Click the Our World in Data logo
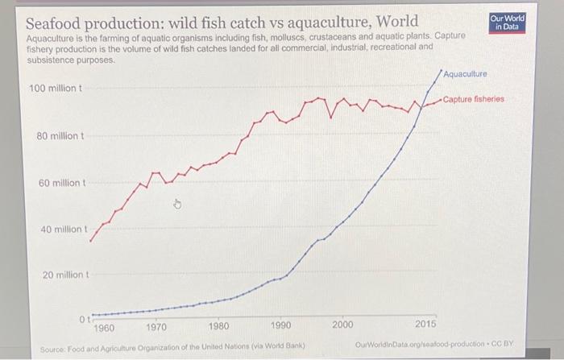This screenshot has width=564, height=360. click(507, 22)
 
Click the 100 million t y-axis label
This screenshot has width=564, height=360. click(55, 87)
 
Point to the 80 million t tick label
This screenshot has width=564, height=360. click(60, 135)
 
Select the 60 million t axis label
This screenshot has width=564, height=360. click(61, 183)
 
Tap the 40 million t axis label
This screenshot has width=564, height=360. click(62, 230)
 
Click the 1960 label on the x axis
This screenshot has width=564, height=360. click(105, 328)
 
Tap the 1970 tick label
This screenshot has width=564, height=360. click(156, 328)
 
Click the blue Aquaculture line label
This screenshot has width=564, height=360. click(465, 74)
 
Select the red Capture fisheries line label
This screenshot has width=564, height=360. click(473, 99)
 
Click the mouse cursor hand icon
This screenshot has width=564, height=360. click(179, 206)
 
